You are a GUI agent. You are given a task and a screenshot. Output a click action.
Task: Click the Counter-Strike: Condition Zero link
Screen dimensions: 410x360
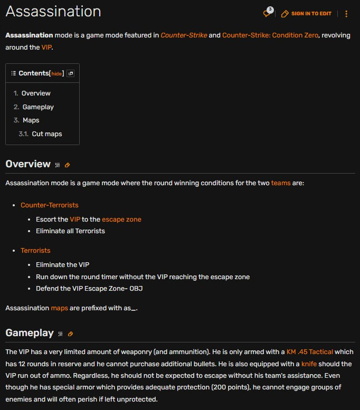point(270,35)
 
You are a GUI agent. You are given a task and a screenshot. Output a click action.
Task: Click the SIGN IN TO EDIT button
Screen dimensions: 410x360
point(307,14)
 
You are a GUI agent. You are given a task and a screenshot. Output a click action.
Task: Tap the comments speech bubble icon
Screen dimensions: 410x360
point(268,13)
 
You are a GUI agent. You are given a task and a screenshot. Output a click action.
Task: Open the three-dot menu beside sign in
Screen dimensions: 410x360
point(346,14)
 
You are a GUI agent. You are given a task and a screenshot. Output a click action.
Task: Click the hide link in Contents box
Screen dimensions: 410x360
point(56,73)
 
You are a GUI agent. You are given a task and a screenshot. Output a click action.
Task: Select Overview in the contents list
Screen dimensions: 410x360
point(36,93)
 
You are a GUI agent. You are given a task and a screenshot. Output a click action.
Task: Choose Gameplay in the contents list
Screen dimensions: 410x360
point(38,107)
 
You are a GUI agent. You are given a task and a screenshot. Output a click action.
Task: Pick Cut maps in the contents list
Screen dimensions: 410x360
point(46,134)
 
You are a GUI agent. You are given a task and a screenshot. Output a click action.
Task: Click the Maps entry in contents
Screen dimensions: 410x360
point(31,120)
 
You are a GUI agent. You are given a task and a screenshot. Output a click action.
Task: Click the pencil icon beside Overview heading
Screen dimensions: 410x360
point(67,165)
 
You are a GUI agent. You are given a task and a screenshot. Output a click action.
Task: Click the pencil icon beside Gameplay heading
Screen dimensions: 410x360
point(70,334)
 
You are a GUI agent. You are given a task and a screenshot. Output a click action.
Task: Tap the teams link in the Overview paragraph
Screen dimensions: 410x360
point(281,183)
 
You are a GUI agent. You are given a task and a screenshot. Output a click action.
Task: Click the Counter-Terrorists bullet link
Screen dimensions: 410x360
point(49,205)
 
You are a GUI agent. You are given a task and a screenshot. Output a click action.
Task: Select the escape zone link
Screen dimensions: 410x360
point(121,219)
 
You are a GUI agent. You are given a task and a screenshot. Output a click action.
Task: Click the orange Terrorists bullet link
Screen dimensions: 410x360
point(35,251)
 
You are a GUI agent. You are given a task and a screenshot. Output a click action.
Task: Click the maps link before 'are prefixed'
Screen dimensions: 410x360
point(59,308)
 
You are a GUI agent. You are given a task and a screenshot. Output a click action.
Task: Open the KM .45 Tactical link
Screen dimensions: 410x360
point(310,352)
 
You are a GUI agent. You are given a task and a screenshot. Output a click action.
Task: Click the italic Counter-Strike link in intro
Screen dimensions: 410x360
point(184,35)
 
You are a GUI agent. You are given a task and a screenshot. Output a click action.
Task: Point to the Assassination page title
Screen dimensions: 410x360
point(53,12)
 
